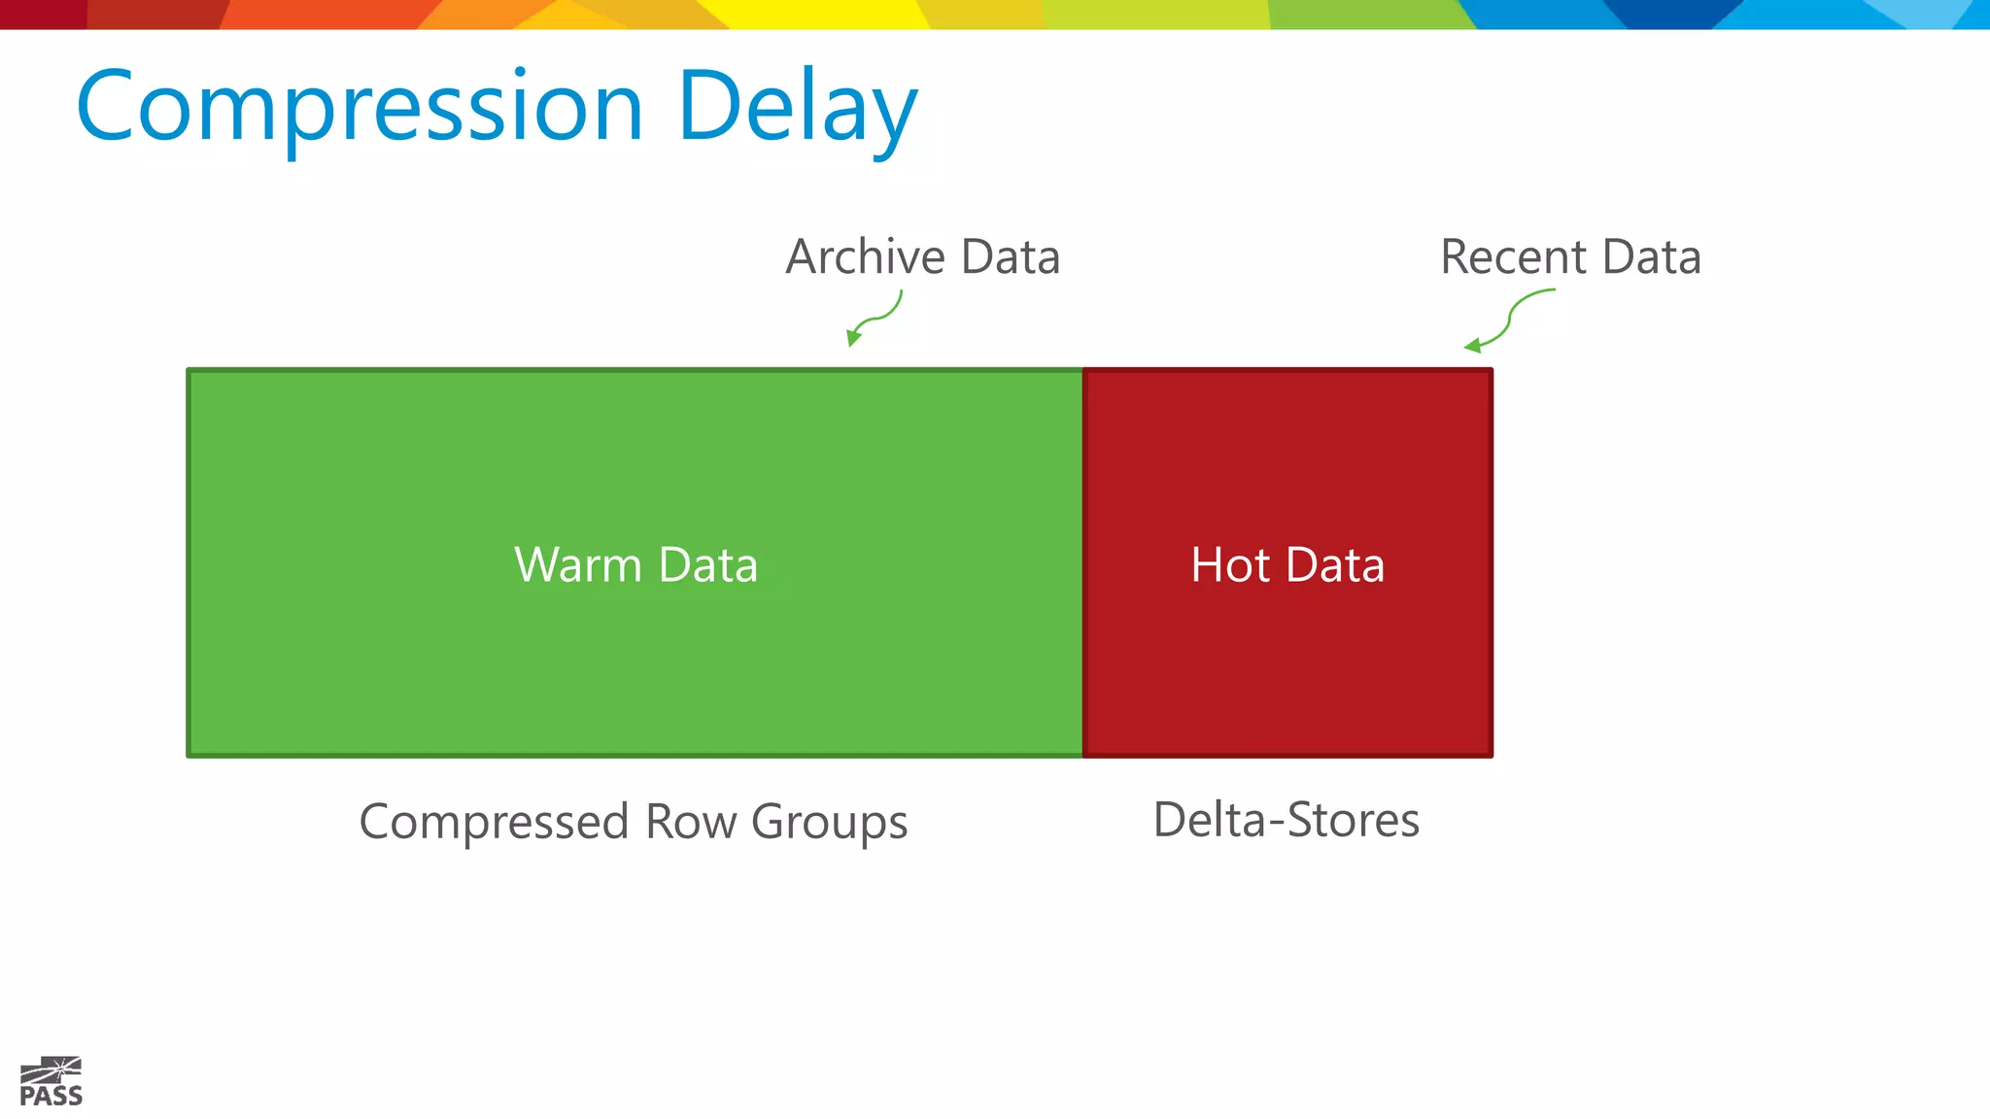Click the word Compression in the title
click(360, 107)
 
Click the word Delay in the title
click(797, 107)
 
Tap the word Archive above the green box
click(866, 257)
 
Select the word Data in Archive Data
click(1010, 257)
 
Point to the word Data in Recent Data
click(1651, 257)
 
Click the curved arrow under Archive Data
click(879, 317)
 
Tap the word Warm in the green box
click(578, 565)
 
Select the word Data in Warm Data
click(707, 565)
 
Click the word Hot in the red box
click(1230, 565)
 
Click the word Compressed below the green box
click(495, 822)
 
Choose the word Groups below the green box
click(829, 822)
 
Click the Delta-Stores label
click(1286, 820)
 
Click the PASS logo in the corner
click(51, 1082)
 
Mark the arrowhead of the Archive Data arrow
click(852, 338)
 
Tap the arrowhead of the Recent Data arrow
click(1472, 345)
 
